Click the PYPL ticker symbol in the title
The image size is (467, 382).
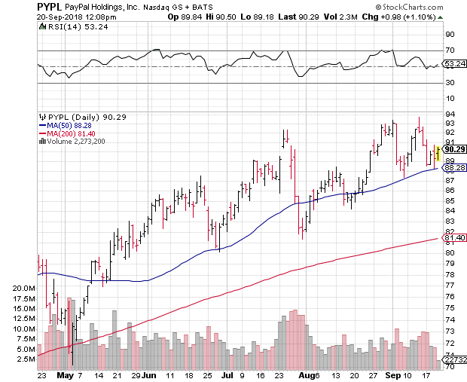pyautogui.click(x=18, y=6)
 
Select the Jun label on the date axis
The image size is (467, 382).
pyautogui.click(x=149, y=374)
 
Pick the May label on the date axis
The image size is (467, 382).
pyautogui.click(x=66, y=374)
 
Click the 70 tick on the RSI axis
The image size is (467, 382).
pyautogui.click(x=448, y=50)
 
